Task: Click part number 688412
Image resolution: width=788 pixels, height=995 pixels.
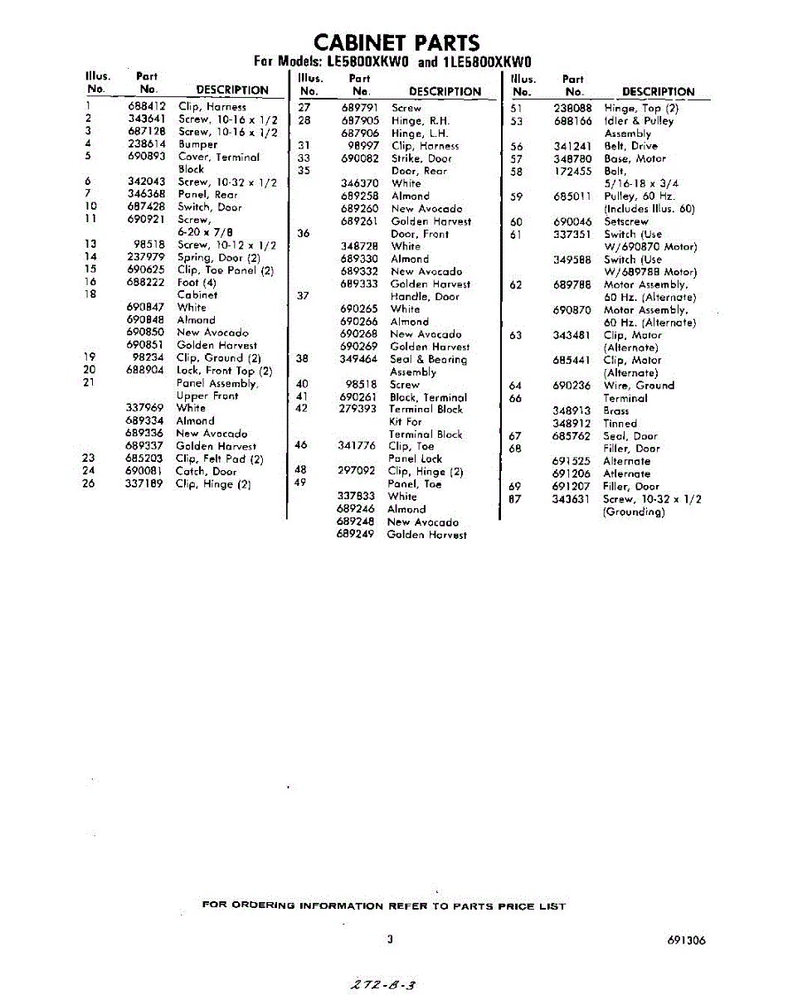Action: click(148, 107)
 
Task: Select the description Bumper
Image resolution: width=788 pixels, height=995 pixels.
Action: click(197, 144)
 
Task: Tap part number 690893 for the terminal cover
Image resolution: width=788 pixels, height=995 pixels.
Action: click(148, 157)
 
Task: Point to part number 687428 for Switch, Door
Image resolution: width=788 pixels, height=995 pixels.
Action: click(148, 207)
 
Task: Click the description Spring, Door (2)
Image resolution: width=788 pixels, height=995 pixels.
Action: click(218, 258)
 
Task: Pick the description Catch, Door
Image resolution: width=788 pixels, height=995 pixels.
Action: click(206, 471)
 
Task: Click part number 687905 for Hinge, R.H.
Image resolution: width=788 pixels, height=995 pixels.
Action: click(360, 120)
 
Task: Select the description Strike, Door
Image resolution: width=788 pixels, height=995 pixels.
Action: click(421, 158)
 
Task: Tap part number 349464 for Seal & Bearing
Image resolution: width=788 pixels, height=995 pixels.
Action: click(359, 360)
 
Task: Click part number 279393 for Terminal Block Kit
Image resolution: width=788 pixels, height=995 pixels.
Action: click(358, 410)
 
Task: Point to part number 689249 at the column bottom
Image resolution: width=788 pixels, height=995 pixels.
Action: click(357, 535)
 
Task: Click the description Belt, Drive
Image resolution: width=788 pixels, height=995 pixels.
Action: click(630, 146)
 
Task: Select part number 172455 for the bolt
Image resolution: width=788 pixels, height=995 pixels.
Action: click(572, 172)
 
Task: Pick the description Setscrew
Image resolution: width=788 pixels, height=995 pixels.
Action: click(625, 222)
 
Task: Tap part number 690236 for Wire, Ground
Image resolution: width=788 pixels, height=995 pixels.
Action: click(572, 386)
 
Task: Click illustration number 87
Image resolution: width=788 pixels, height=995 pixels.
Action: click(515, 499)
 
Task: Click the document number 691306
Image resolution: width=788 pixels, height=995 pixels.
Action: click(685, 940)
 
